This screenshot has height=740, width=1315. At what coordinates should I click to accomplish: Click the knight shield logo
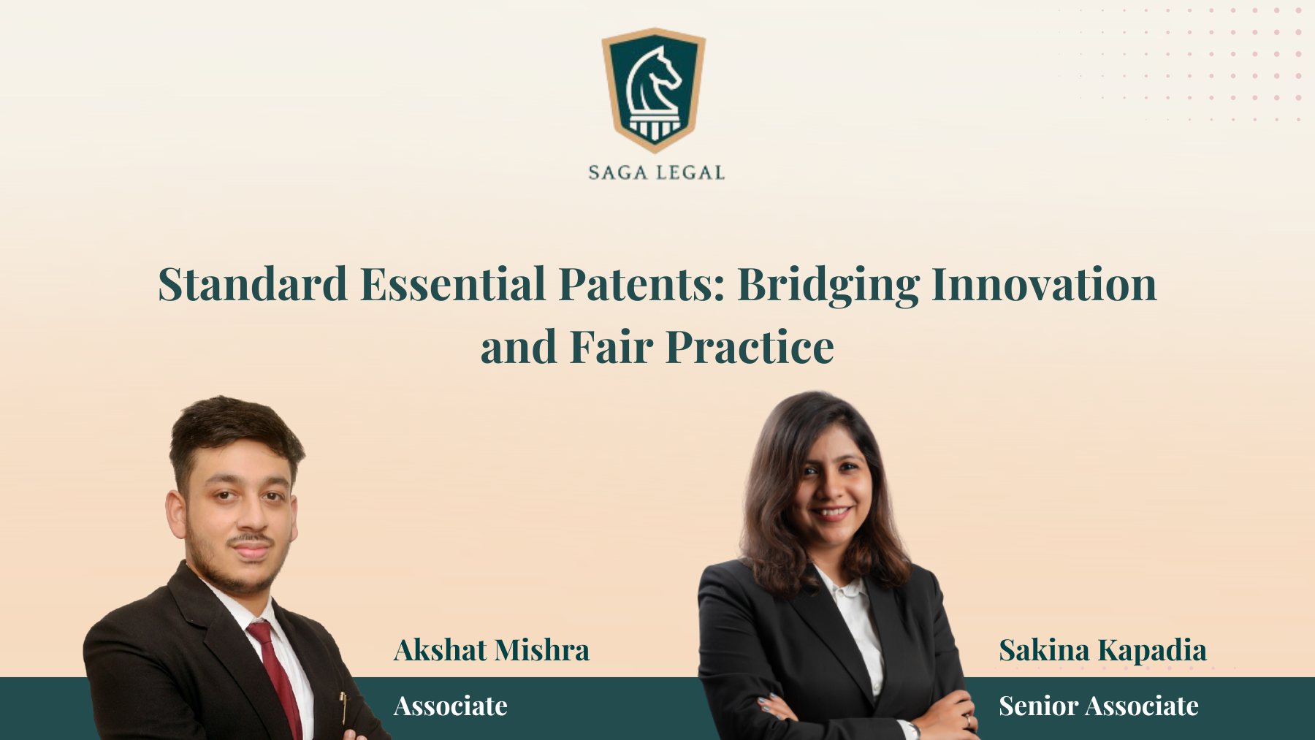point(654,90)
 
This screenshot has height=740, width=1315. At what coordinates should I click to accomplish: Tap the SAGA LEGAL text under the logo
point(657,173)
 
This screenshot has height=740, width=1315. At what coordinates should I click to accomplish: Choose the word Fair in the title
point(611,347)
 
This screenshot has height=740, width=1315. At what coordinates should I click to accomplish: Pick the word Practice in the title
point(750,347)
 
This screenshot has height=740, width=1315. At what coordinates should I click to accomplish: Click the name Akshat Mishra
point(492,650)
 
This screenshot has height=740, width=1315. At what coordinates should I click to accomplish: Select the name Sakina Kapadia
point(1103,650)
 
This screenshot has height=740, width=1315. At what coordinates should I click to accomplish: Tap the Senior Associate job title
point(1099,706)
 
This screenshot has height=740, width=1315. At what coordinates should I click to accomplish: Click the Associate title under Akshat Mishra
point(451,706)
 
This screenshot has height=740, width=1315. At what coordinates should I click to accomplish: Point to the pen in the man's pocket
point(343,707)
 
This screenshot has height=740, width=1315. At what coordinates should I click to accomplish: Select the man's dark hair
point(235,435)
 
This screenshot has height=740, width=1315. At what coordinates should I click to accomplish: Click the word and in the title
point(519,347)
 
